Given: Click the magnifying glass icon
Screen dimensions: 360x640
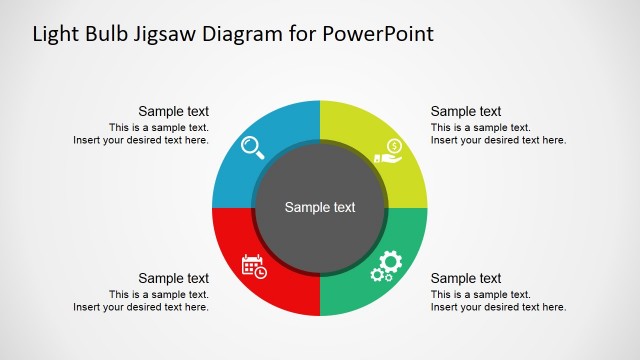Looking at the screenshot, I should coord(253,148).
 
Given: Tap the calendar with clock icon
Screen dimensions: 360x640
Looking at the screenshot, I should coord(254,266).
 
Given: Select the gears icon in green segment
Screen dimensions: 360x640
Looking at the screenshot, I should coord(386,266).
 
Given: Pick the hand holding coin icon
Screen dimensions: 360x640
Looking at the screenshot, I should coord(388,151).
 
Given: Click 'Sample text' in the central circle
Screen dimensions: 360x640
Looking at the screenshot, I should coord(320,208).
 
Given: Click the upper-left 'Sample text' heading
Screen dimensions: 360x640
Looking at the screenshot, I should coord(173,112).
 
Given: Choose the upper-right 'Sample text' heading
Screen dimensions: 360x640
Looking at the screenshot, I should coord(466,112).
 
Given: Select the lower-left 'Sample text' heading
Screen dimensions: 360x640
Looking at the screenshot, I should coord(173,279).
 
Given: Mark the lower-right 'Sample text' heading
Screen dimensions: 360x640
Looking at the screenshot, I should coord(466,279).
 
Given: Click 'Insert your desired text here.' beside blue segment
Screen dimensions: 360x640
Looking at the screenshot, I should coord(141,140).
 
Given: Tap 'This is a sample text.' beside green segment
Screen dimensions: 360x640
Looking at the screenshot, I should coord(481,295).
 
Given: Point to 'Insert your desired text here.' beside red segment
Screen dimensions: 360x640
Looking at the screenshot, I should coord(141,307).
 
